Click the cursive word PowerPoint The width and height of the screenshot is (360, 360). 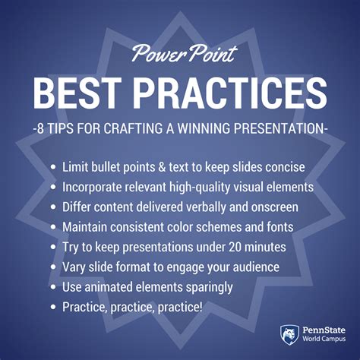185,54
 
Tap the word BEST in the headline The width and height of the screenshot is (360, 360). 77,93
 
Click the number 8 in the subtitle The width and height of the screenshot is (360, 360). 40,128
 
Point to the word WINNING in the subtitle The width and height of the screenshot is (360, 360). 204,128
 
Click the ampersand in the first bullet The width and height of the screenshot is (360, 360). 162,167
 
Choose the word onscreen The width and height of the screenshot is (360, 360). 275,207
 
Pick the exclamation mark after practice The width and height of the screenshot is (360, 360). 201,307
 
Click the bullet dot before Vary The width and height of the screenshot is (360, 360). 53,267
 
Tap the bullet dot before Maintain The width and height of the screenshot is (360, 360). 53,227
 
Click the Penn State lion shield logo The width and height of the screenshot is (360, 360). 289,335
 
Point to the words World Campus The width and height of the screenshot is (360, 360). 324,339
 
